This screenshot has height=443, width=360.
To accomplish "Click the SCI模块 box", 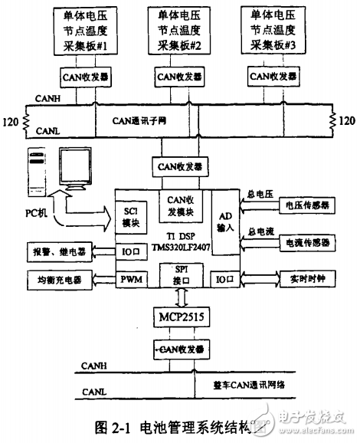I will (x=129, y=216).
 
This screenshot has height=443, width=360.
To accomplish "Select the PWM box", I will (x=128, y=281).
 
